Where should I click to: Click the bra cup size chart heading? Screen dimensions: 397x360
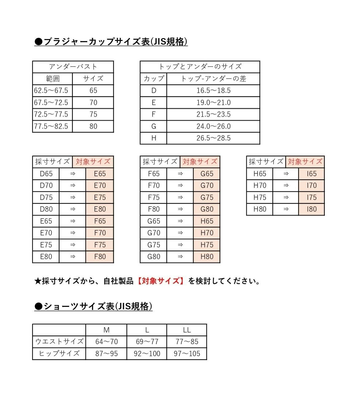[111, 42]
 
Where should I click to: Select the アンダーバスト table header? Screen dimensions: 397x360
[73, 67]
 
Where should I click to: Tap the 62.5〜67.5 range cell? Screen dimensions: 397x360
[51, 91]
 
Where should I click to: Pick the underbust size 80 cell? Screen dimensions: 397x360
[93, 126]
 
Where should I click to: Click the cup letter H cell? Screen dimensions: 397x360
[154, 138]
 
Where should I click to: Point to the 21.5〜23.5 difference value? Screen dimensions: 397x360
[213, 114]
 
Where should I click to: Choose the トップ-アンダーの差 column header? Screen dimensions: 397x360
[213, 79]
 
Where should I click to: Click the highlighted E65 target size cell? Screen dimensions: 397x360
[100, 174]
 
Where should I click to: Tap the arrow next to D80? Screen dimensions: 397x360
[73, 209]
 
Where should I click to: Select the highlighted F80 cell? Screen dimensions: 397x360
[100, 257]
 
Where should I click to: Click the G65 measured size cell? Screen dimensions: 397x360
[154, 221]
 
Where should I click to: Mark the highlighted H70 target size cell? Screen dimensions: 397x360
[207, 233]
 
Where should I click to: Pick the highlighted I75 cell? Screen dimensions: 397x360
[311, 197]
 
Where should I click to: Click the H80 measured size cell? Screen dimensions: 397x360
[260, 209]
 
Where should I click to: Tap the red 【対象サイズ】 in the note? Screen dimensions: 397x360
[160, 281]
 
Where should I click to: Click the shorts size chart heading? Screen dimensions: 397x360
[93, 306]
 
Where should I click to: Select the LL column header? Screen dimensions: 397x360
[187, 330]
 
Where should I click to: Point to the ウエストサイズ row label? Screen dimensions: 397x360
[59, 342]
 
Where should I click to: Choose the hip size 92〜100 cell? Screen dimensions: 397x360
[147, 354]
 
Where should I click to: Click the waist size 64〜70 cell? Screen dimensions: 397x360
[106, 342]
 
